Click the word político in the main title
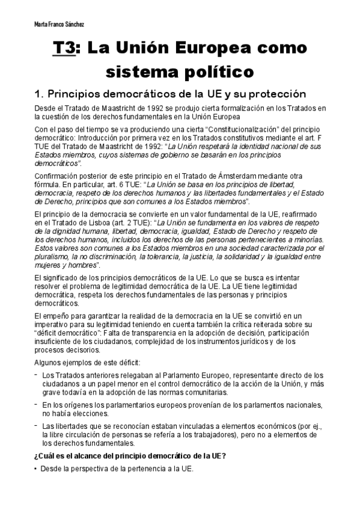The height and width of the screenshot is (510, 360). click(x=216, y=73)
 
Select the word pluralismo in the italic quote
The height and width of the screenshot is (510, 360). click(x=53, y=256)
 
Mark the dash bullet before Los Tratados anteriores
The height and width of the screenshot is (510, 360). click(x=37, y=375)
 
